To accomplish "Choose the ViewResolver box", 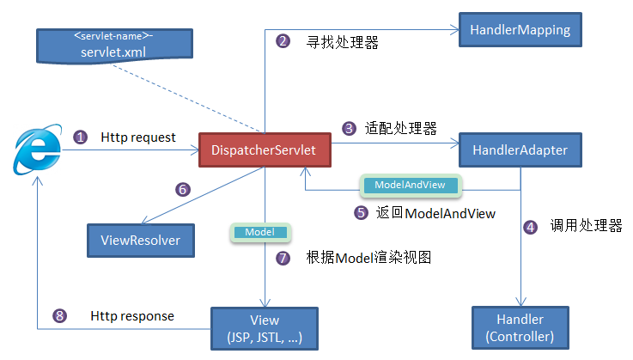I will coord(140,241).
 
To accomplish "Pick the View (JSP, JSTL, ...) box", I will coord(264,327).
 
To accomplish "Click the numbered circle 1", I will coord(80,137).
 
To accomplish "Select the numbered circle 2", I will coord(283,41).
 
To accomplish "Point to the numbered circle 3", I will coord(349,129).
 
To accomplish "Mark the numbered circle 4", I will coord(532,227).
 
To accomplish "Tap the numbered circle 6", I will coord(182,189).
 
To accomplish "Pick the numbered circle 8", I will coord(59,316).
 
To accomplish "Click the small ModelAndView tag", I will coord(409,185).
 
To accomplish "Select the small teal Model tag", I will coord(259,232).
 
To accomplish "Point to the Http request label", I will coord(138,137).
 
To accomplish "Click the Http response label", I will coord(132,316).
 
